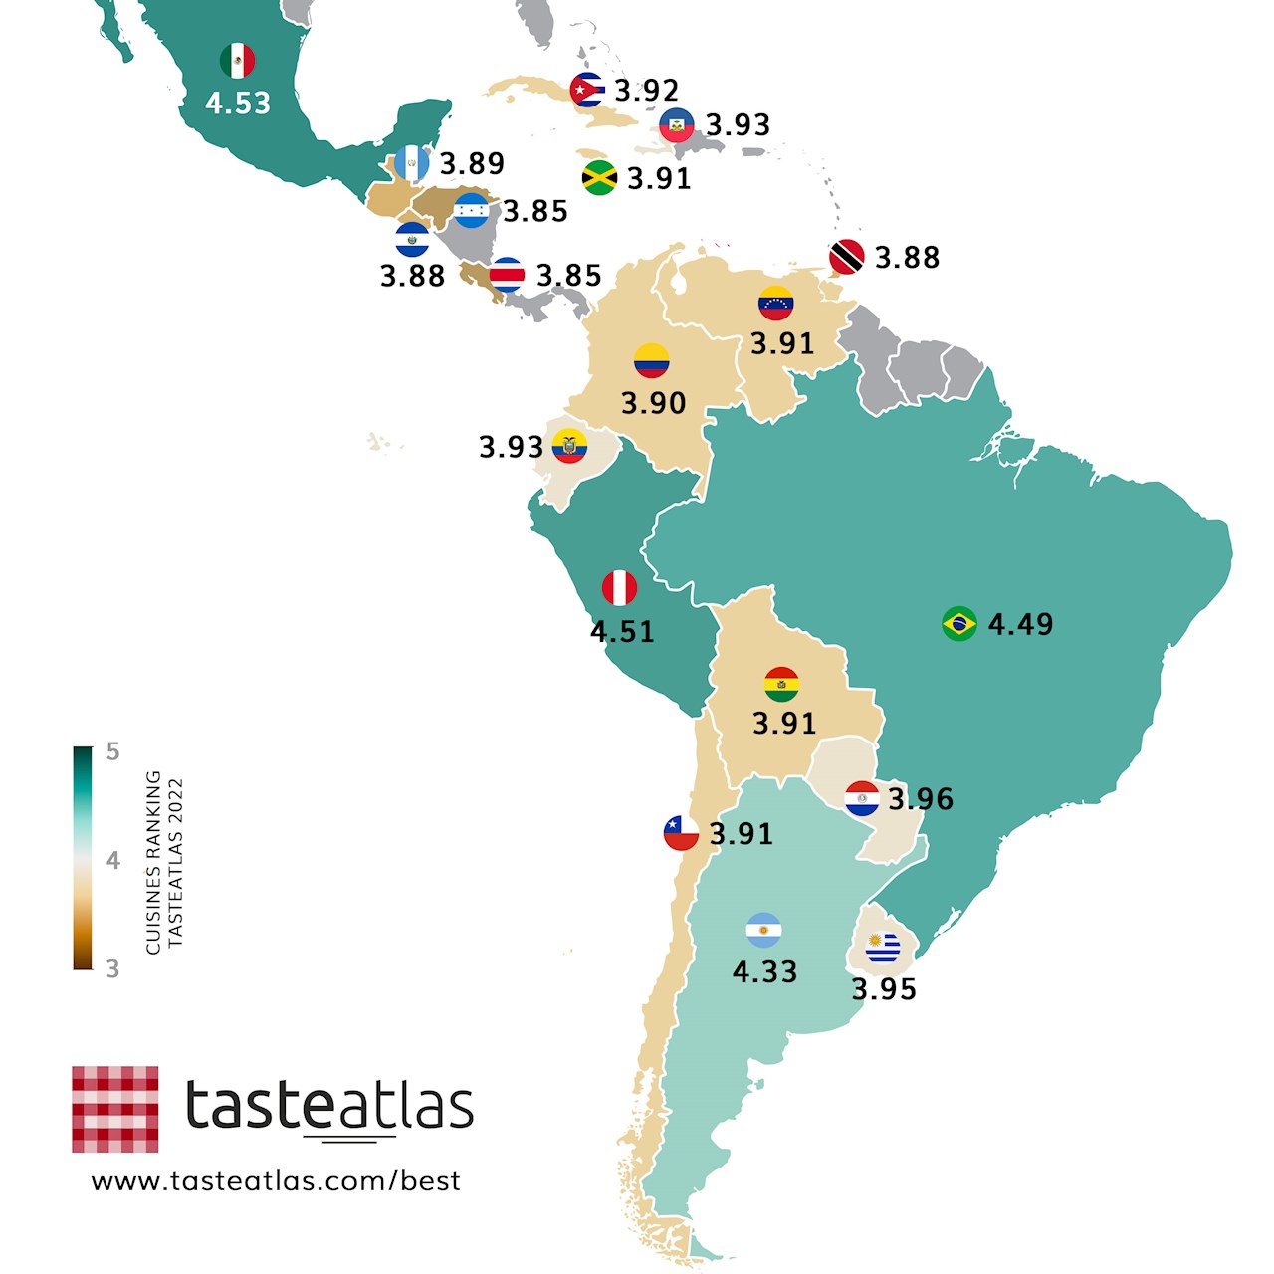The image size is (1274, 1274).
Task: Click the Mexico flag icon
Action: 237,62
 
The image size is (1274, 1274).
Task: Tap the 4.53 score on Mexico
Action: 238,104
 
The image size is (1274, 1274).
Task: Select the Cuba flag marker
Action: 587,90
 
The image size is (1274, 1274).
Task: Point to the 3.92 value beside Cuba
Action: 647,91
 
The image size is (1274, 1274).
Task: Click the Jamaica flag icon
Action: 599,177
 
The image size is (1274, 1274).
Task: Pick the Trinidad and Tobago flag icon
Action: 847,257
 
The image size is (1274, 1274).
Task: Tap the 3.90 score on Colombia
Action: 653,403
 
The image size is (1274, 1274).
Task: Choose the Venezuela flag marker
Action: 775,304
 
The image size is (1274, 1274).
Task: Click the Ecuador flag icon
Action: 569,446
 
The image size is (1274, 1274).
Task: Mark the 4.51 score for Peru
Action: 622,632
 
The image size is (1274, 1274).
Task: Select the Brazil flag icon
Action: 959,624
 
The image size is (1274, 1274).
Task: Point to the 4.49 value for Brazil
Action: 1020,624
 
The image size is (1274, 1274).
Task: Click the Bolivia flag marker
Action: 781,684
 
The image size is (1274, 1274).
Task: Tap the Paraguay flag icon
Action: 862,798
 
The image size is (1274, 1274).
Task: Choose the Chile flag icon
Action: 681,833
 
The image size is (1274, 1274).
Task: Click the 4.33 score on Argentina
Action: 764,972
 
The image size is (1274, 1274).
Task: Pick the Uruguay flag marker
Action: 883,948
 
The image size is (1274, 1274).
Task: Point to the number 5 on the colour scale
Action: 112,752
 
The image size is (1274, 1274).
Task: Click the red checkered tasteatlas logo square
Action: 115,1109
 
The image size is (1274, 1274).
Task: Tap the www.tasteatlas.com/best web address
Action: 276,1181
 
